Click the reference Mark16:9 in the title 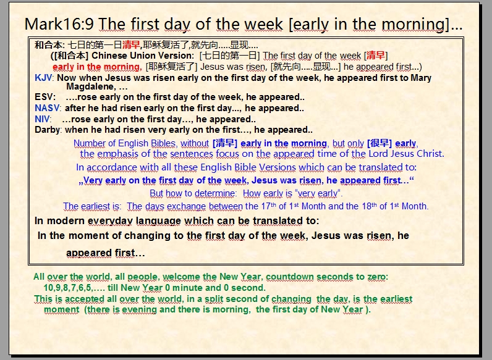(59, 24)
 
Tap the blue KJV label (43, 77)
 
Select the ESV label (45, 97)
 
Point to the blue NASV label (47, 108)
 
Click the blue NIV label (42, 119)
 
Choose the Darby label (48, 130)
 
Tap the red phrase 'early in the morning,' (97, 67)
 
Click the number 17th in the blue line (269, 206)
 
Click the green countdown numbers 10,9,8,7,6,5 (67, 288)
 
